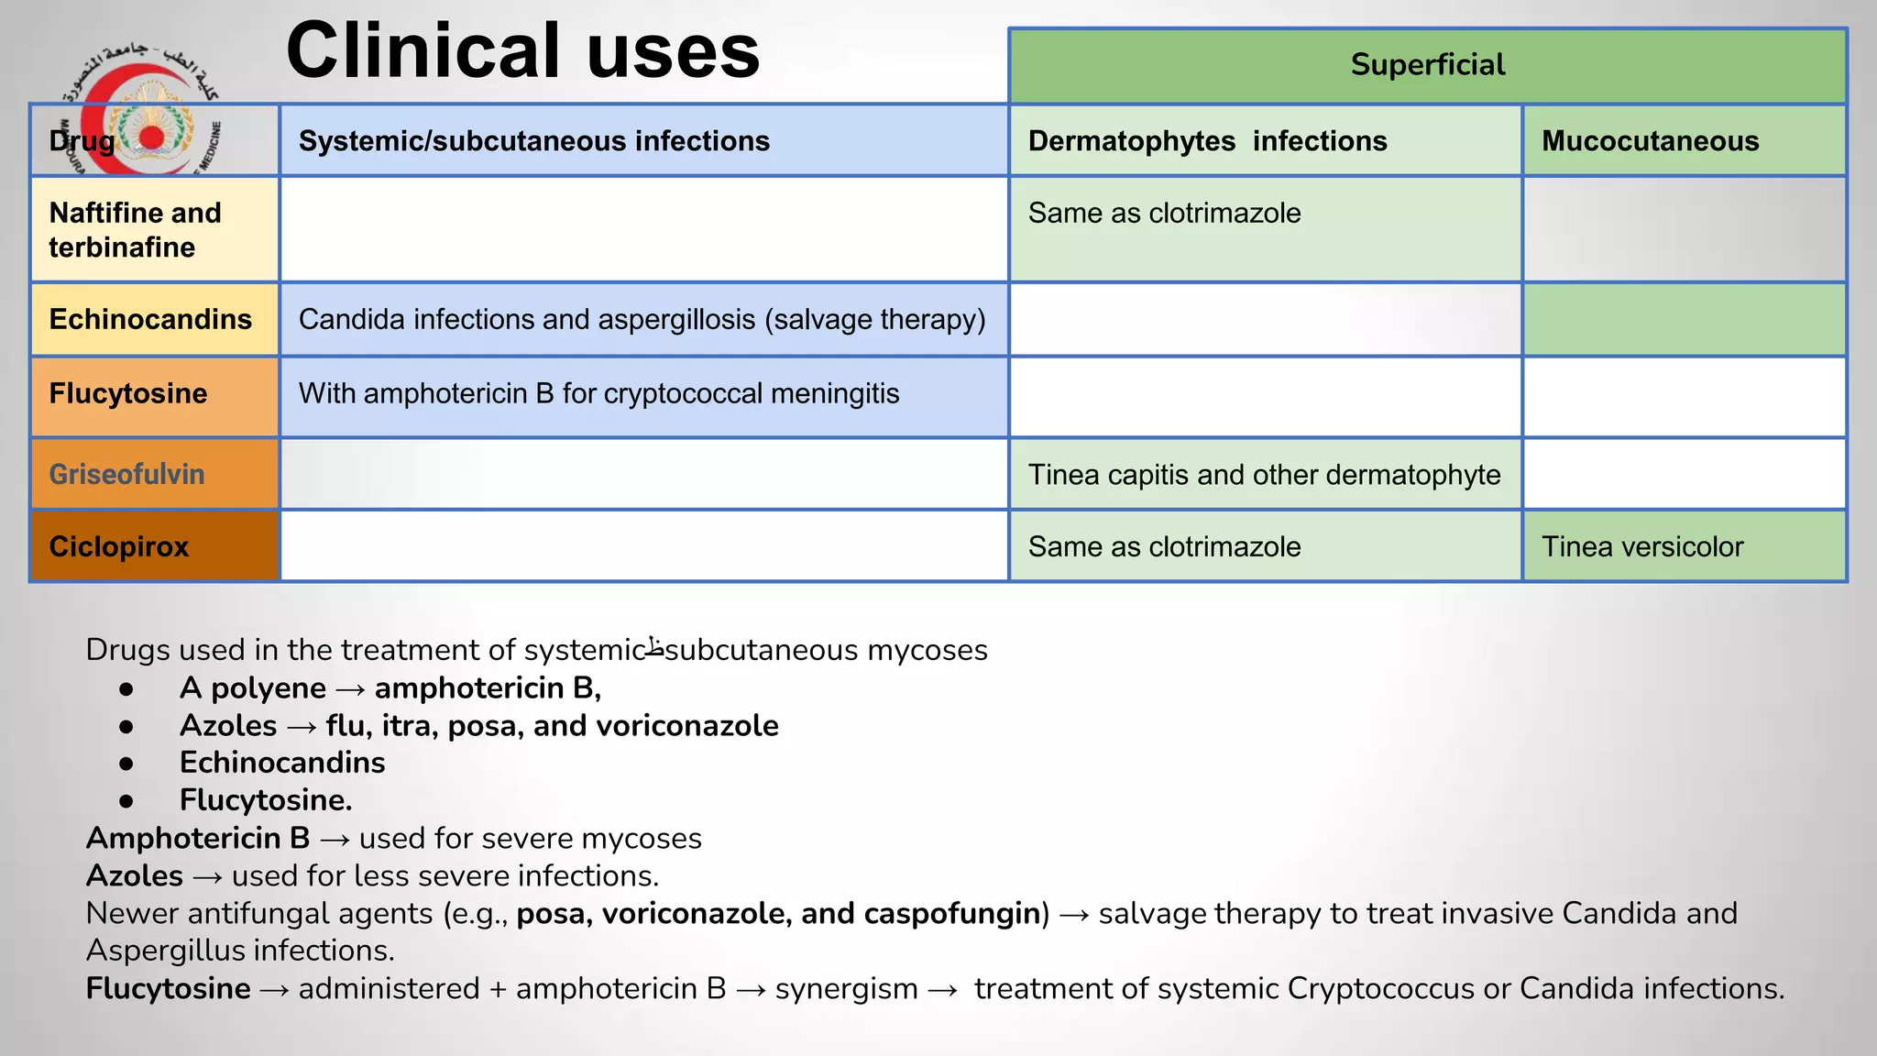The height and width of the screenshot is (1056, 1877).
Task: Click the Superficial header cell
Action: coord(1427,65)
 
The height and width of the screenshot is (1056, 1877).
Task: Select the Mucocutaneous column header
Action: coord(1650,141)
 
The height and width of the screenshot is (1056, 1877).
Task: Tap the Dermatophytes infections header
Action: coord(1207,141)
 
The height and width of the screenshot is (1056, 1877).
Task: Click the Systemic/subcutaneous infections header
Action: coord(534,141)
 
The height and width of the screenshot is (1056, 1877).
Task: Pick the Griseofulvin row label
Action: coord(126,474)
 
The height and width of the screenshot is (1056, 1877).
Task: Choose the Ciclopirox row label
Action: coord(118,546)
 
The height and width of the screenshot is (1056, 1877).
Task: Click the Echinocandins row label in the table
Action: coord(150,319)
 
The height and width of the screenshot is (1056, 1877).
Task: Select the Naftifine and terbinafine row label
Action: coord(135,229)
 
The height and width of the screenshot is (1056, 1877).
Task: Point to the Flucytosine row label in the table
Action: coord(127,393)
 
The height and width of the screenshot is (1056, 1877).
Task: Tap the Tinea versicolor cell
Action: coord(1641,546)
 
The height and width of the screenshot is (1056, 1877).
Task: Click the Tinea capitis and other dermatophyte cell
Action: coord(1264,475)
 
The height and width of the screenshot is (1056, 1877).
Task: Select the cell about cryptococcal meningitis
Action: coord(598,393)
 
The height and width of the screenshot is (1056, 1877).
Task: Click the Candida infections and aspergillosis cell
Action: coord(642,319)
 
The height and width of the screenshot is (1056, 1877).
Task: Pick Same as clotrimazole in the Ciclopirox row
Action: coord(1164,546)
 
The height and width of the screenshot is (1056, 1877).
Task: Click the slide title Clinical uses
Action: coord(522,51)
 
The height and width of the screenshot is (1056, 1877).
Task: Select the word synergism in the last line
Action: coord(846,988)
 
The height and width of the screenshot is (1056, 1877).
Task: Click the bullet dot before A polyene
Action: coord(126,688)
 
